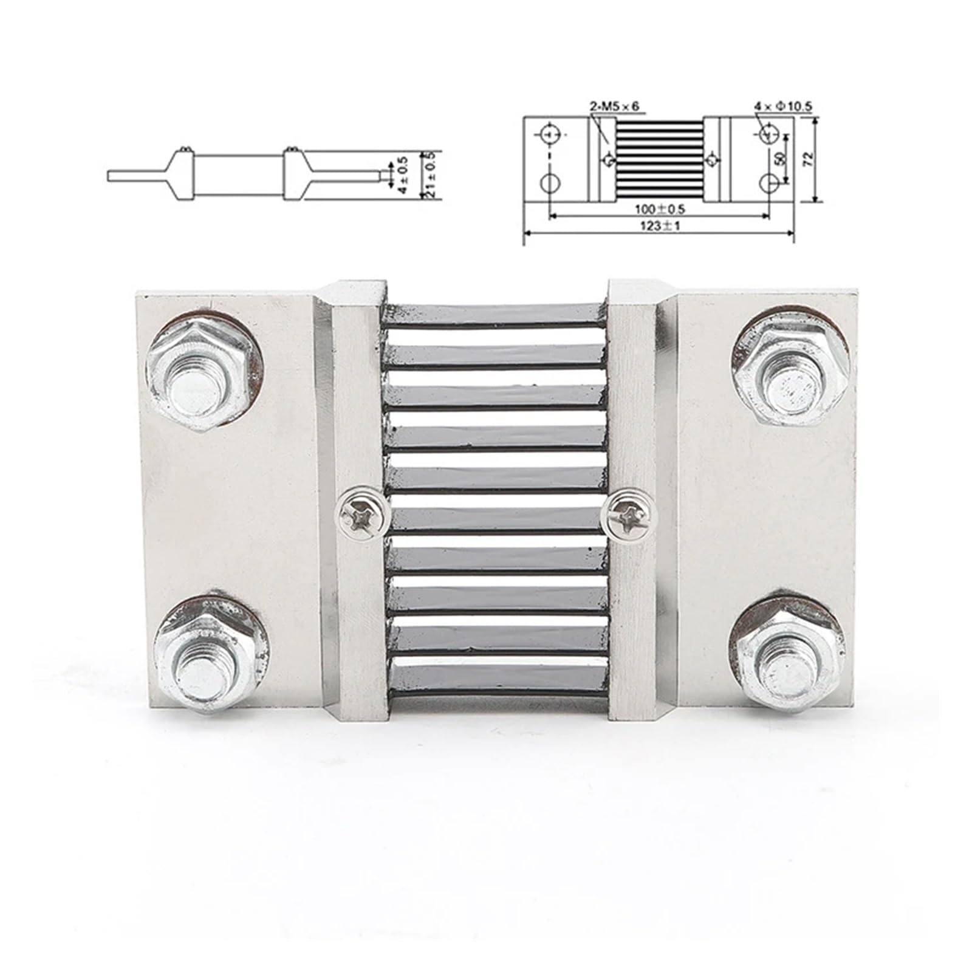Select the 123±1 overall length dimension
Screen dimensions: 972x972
pos(659,225)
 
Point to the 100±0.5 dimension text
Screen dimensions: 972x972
pos(659,209)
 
